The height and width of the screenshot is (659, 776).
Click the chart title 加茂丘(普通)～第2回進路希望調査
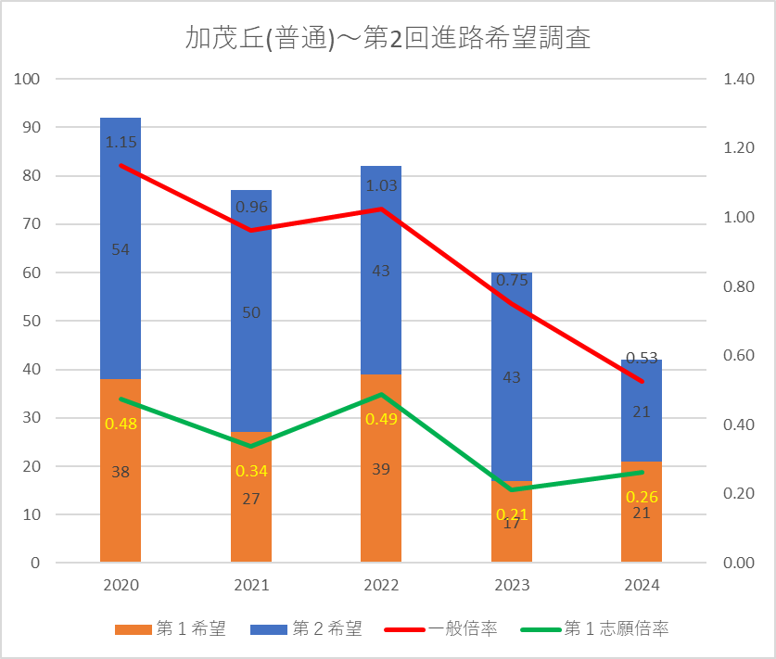pos(388,38)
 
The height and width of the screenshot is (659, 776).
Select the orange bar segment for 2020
pos(121,471)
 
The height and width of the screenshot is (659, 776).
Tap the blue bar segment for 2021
pos(251,310)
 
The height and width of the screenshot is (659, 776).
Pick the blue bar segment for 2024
pos(642,411)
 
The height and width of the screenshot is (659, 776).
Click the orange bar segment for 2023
pos(511,522)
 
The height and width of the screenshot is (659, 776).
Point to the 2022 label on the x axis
pos(381,585)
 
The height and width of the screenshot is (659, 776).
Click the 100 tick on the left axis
pos(27,79)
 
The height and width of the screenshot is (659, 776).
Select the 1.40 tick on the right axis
pos(739,79)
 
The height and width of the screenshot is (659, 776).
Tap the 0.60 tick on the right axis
pos(739,355)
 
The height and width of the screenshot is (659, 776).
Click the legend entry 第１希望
pos(171,628)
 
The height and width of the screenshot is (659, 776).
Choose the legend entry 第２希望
pos(306,628)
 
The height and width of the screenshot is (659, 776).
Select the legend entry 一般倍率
pos(441,628)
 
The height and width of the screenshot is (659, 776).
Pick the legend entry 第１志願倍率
pos(595,628)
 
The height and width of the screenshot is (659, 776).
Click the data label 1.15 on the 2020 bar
pos(121,143)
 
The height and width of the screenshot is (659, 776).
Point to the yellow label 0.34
pos(251,471)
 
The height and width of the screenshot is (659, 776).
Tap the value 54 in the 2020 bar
pos(121,250)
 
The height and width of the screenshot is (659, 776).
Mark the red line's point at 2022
pos(381,209)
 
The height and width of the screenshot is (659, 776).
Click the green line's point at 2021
pos(251,446)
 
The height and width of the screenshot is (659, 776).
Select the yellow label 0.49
pos(382,420)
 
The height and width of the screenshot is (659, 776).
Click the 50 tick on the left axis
pos(32,321)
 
